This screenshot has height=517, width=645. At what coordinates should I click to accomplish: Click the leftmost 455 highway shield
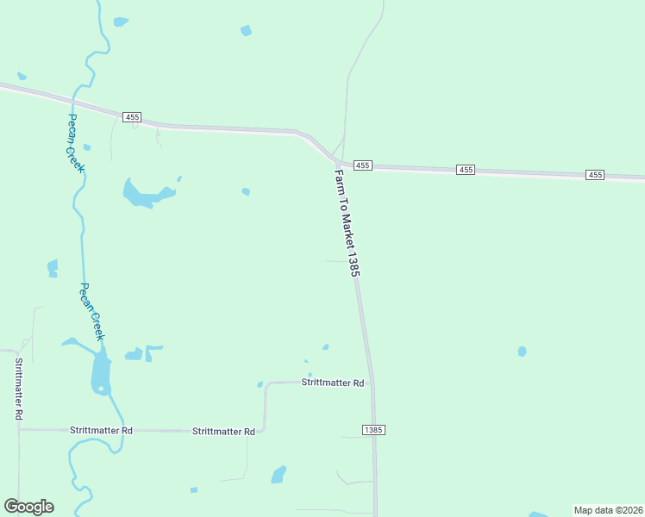click(132, 116)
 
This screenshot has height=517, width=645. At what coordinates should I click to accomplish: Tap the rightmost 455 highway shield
click(595, 175)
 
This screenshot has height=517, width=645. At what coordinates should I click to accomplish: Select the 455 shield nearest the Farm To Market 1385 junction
click(362, 165)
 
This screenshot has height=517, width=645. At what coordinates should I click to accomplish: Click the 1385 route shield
click(373, 429)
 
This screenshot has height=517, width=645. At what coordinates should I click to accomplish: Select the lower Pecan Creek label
click(92, 310)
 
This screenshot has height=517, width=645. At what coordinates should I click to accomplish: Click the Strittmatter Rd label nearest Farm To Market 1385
click(333, 382)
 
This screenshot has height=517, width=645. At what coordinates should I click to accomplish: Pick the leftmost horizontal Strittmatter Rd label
click(102, 429)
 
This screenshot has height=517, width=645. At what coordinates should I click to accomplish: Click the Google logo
click(28, 507)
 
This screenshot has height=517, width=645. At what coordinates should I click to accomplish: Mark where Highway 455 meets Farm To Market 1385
click(337, 161)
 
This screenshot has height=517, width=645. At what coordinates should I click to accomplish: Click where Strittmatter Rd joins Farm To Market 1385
click(373, 383)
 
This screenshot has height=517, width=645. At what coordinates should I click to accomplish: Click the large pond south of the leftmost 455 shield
click(142, 195)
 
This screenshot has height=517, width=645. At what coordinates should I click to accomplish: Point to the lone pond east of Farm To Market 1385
click(522, 352)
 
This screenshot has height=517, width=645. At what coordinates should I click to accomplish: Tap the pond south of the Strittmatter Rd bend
click(279, 475)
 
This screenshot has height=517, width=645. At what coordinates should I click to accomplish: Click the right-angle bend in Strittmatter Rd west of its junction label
click(265, 383)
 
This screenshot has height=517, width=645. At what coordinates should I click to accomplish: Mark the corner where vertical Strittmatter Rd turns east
click(19, 428)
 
